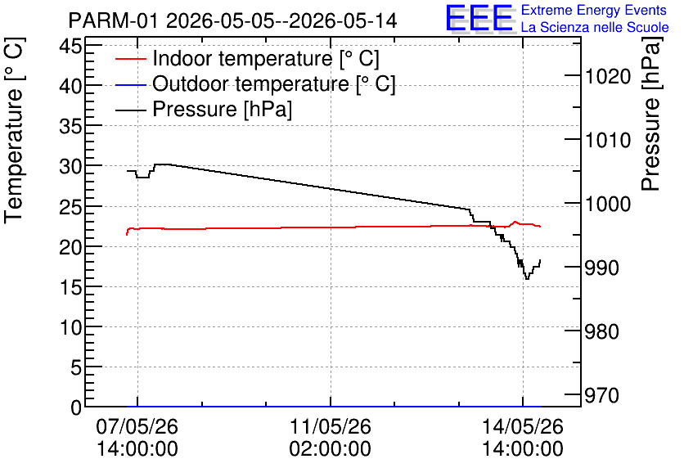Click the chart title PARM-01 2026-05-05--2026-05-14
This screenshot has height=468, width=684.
pyautogui.click(x=232, y=20)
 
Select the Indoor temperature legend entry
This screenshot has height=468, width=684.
pyautogui.click(x=247, y=58)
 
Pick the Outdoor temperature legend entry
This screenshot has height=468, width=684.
pyautogui.click(x=255, y=83)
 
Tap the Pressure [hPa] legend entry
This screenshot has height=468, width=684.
pyautogui.click(x=204, y=109)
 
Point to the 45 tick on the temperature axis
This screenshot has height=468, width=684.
pyautogui.click(x=70, y=46)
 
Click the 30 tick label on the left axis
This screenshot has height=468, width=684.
pyautogui.click(x=70, y=166)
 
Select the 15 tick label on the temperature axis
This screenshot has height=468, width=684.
pyautogui.click(x=70, y=287)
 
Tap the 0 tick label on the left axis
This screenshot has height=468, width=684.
pyautogui.click(x=76, y=407)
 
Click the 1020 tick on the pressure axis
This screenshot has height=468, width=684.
pyautogui.click(x=608, y=77)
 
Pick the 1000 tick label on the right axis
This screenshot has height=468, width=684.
pyautogui.click(x=608, y=204)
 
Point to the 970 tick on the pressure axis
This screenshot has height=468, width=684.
pyautogui.click(x=601, y=396)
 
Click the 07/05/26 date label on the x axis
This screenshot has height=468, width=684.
pyautogui.click(x=137, y=438)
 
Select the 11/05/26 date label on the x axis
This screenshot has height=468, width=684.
pyautogui.click(x=331, y=438)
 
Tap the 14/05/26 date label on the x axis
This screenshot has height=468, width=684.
pyautogui.click(x=523, y=438)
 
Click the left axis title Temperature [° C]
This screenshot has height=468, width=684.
pyautogui.click(x=14, y=131)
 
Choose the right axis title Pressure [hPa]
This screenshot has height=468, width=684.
pyautogui.click(x=650, y=114)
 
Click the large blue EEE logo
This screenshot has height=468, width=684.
pyautogui.click(x=479, y=18)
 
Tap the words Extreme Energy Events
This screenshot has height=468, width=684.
pyautogui.click(x=594, y=10)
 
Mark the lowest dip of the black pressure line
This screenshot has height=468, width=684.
pyautogui.click(x=527, y=279)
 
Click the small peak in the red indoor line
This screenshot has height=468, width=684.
pyautogui.click(x=515, y=222)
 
